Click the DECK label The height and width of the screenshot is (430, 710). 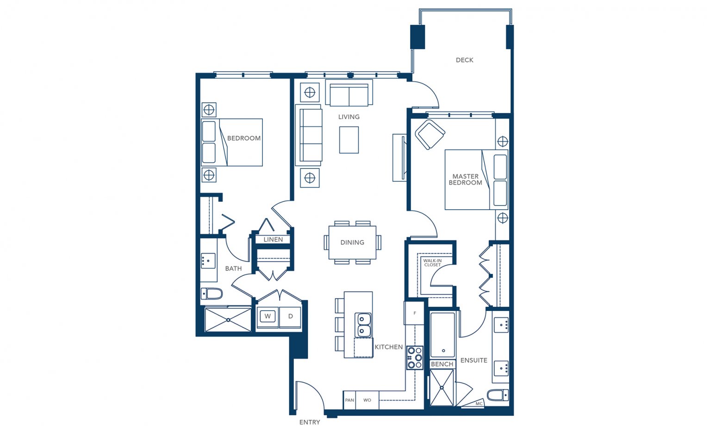464,60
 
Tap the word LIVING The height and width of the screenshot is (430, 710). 349,117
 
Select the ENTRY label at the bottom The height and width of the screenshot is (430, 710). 310,422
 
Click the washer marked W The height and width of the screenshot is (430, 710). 268,316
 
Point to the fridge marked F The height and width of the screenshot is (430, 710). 414,313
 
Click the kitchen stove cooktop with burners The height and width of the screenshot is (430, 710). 415,358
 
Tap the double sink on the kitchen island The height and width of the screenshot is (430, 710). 362,325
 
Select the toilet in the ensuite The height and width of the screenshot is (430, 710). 498,395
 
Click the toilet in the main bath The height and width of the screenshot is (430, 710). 212,293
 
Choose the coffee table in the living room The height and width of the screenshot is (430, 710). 349,140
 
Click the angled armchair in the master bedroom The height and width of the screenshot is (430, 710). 430,134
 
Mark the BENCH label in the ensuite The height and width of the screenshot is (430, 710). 442,364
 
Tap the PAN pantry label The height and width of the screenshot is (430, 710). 349,400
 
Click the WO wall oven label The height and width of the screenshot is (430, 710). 367,400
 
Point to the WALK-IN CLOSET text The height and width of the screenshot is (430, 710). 432,263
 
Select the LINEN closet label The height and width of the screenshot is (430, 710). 273,240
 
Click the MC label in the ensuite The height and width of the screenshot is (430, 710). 479,404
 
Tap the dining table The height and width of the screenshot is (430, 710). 353,243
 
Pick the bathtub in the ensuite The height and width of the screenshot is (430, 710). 442,336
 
